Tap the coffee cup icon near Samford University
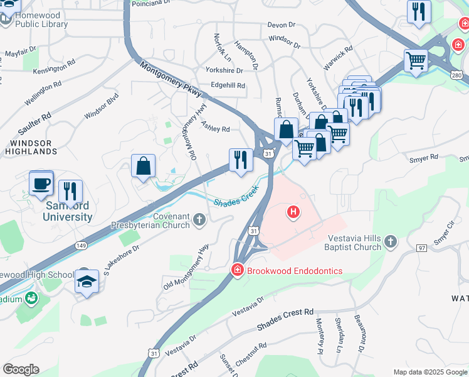tap(41, 183)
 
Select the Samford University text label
tap(68, 211)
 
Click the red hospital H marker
tap(293, 212)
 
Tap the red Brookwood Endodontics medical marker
tap(237, 271)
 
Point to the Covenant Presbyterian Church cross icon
tap(199, 219)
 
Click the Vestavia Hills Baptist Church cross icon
tap(390, 241)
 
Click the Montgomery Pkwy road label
tap(171, 80)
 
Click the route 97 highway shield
tap(421, 248)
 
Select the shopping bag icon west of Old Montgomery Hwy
tap(144, 167)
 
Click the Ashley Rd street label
tap(215, 128)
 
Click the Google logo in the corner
tap(21, 369)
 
